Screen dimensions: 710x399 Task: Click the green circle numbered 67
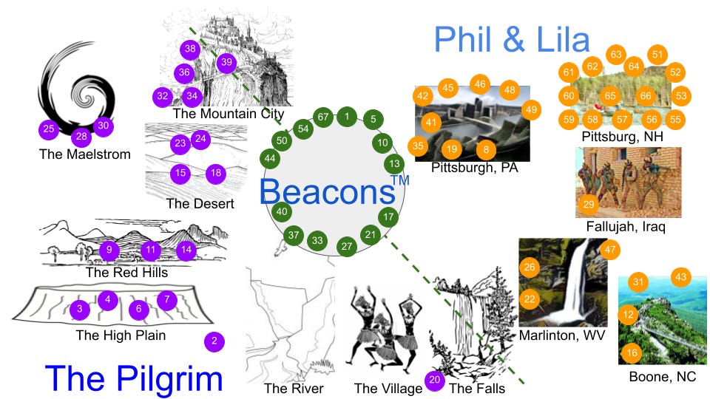point(323,117)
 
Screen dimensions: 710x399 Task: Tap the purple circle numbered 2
point(214,341)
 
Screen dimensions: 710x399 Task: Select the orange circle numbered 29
point(589,204)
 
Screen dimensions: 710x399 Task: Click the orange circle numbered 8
point(486,149)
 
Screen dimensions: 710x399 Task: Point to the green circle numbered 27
point(346,246)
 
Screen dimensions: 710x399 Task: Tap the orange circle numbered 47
point(610,250)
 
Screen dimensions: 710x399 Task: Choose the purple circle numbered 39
point(226,62)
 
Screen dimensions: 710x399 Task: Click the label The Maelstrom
point(84,154)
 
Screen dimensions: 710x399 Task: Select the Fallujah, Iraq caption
point(625,226)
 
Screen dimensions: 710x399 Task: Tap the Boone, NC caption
point(662,376)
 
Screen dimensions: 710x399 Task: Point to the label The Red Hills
point(126,272)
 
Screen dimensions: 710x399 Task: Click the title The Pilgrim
point(133,378)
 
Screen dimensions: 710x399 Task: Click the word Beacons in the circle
point(325,191)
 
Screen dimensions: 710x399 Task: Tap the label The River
point(294,389)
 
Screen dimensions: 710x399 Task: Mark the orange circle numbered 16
point(632,353)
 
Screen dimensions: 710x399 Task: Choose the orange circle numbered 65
point(610,95)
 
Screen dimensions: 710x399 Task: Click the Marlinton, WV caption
point(562,335)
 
